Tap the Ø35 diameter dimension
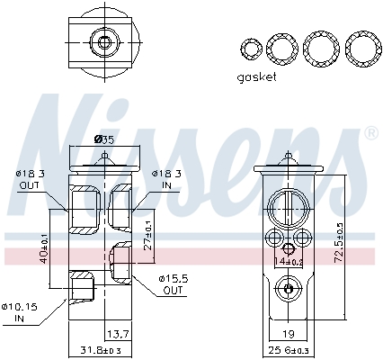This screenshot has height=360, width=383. point(104,139)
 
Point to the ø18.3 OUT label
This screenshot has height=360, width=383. point(30,179)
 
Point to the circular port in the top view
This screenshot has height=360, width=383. point(105,42)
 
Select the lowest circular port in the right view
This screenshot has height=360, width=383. point(287,289)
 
